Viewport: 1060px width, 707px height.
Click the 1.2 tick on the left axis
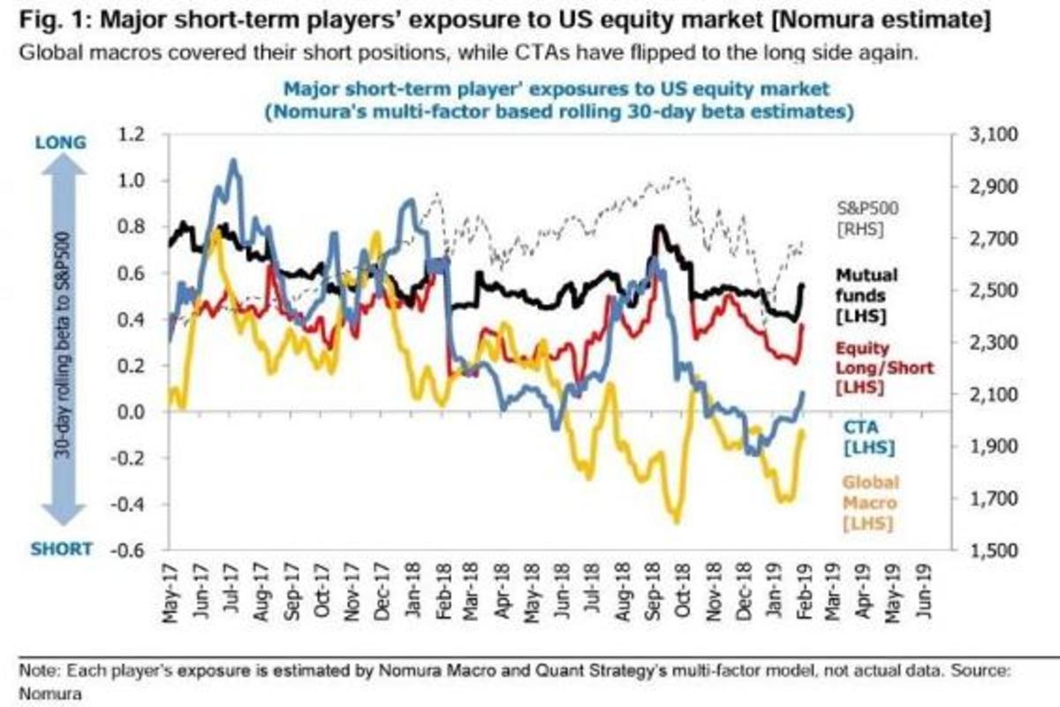[x=130, y=135]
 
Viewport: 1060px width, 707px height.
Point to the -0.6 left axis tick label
[x=126, y=551]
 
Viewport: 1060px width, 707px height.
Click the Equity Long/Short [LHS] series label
[x=866, y=367]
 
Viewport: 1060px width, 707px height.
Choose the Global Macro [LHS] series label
[x=869, y=503]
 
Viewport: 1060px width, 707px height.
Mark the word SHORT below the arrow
[x=62, y=548]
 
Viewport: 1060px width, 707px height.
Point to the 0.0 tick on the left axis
[x=130, y=412]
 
